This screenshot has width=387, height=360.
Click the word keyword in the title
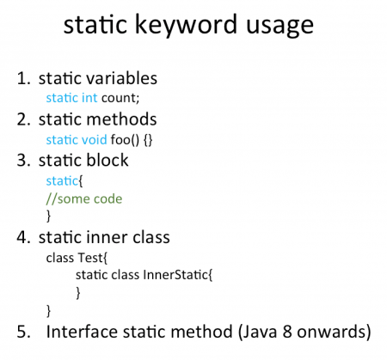(186, 25)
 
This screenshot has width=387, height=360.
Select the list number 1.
(23, 78)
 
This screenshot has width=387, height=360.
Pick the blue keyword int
(89, 98)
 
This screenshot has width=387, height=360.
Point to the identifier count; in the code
(120, 98)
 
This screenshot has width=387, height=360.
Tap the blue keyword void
(95, 140)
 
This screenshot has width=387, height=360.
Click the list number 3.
(23, 160)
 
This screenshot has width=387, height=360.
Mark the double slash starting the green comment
(52, 199)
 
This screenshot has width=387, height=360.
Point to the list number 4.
(23, 237)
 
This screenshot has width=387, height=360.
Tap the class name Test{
(92, 258)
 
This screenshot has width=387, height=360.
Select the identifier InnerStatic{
(178, 275)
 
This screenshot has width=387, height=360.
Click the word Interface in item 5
(82, 332)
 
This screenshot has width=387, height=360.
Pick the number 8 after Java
(287, 332)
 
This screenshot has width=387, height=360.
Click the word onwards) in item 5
(334, 332)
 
